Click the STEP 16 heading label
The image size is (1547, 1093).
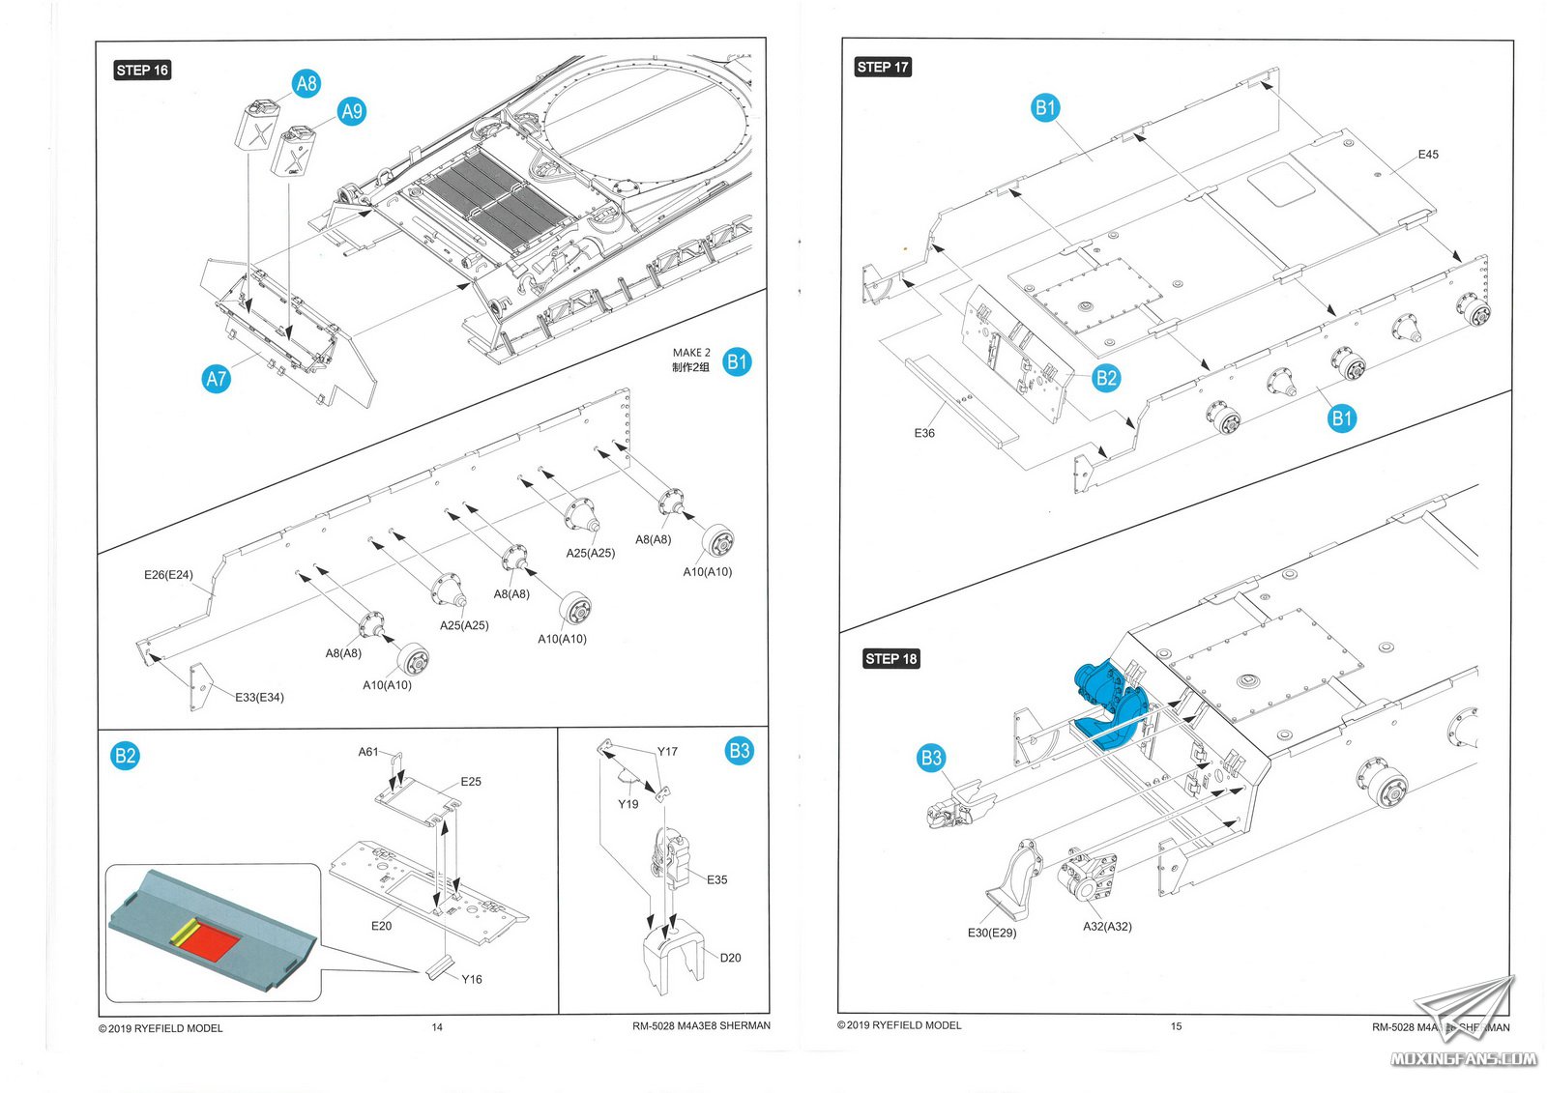tap(142, 70)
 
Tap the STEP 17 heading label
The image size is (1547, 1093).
tap(883, 67)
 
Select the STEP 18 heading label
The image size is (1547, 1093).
tap(890, 659)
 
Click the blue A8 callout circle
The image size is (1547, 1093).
tap(306, 84)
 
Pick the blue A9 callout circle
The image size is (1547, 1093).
tap(352, 111)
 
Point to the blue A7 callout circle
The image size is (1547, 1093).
tap(217, 379)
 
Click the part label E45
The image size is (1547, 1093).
tap(1427, 155)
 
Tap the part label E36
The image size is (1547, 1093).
tap(924, 433)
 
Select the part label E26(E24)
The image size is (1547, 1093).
tap(168, 575)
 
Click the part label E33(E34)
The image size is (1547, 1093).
tap(259, 697)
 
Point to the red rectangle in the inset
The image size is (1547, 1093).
tap(207, 938)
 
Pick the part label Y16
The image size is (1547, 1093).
tap(471, 979)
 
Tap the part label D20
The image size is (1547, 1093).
tap(730, 958)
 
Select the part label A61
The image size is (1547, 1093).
tap(368, 752)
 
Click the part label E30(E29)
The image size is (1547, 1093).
tap(992, 933)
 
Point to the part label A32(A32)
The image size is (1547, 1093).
tap(1107, 926)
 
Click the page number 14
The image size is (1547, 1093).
tap(437, 1027)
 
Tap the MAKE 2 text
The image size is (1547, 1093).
tap(691, 353)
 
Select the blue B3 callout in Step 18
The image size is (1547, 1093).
tap(931, 758)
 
